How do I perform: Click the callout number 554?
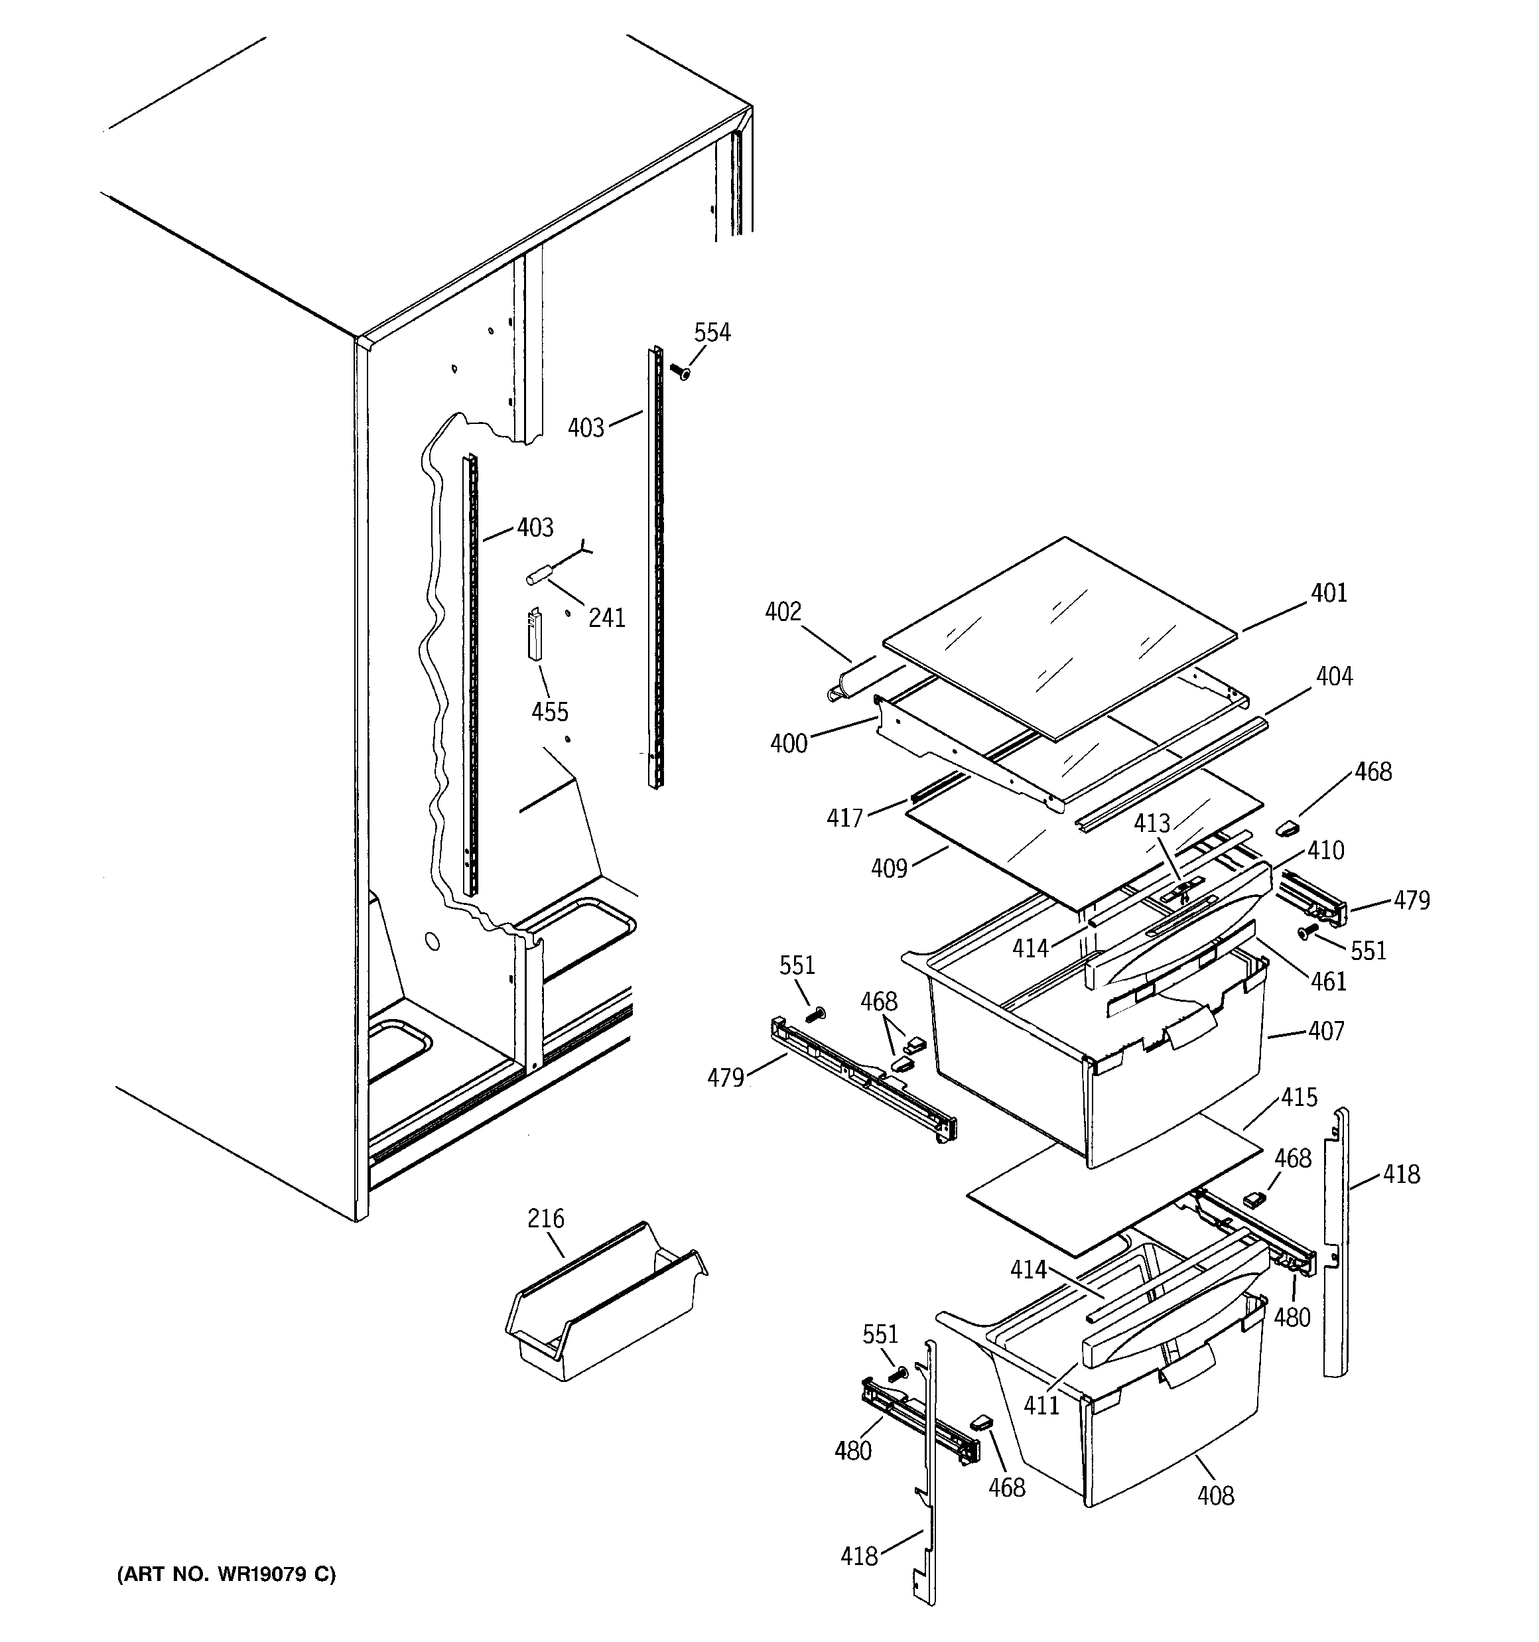711,333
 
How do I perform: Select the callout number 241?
606,617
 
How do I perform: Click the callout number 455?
549,711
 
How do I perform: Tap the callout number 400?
788,743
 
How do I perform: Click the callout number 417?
844,818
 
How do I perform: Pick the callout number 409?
889,868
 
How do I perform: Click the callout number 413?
1152,823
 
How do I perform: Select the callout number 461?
1328,981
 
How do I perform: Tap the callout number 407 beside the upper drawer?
1326,1031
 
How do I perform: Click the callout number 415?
1299,1098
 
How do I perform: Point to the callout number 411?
1041,1405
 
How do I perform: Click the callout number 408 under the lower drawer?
1215,1495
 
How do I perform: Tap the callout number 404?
1334,677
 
